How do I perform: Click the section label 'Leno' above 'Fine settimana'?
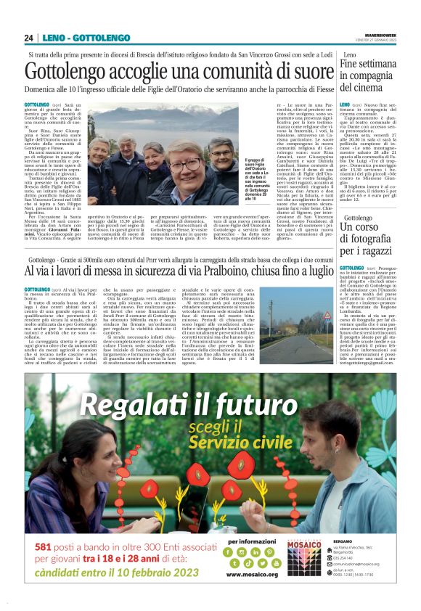pos(350,55)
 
